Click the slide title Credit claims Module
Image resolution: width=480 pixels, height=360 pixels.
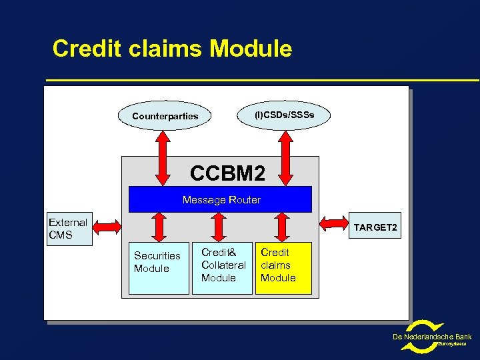172,49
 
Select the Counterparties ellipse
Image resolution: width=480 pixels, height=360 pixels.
165,116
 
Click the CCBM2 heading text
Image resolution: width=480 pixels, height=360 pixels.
227,173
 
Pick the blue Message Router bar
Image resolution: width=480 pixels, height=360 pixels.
220,199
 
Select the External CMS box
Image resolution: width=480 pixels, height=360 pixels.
69,229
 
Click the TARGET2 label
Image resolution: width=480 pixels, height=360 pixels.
375,228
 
